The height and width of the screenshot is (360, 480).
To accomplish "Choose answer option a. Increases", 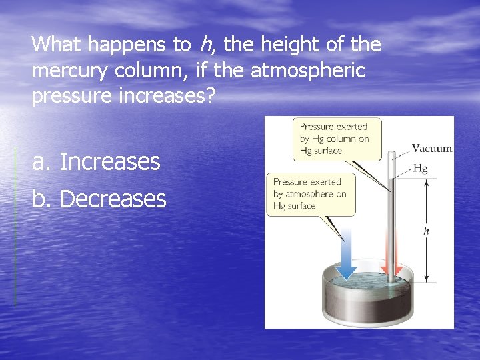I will click(97, 161).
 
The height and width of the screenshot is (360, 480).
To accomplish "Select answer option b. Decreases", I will click(99, 199).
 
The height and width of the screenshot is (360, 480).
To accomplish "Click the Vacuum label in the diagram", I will click(431, 149).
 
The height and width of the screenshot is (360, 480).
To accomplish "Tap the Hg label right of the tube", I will click(420, 169).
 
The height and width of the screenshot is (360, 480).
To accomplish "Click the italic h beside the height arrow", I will click(426, 231).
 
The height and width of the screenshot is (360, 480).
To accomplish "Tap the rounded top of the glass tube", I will click(392, 154).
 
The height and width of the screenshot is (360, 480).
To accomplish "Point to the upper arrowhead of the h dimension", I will click(427, 181).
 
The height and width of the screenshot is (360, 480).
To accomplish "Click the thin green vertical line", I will click(15, 227).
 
